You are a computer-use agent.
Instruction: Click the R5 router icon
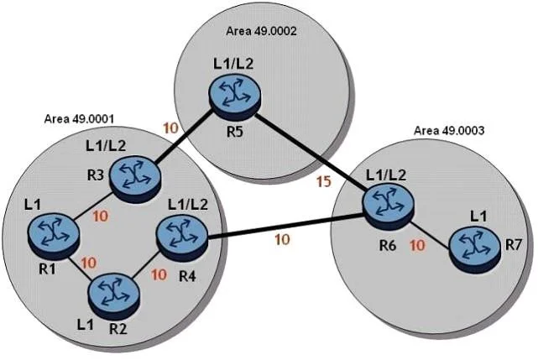234,97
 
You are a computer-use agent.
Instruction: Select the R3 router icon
135,179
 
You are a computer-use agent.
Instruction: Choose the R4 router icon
182,237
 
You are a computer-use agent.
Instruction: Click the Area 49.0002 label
262,31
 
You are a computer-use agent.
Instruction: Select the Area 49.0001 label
79,119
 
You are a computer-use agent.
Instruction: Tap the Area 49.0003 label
449,130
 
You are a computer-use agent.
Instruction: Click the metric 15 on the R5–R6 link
324,181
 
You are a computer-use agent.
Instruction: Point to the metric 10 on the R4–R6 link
282,239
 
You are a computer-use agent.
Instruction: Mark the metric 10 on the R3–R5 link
171,128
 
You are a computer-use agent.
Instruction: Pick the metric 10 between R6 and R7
418,245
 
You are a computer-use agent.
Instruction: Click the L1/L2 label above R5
233,64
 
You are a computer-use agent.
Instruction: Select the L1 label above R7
478,217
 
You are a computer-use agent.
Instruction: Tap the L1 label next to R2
85,324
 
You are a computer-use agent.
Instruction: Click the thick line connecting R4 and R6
286,227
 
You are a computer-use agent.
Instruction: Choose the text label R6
388,245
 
